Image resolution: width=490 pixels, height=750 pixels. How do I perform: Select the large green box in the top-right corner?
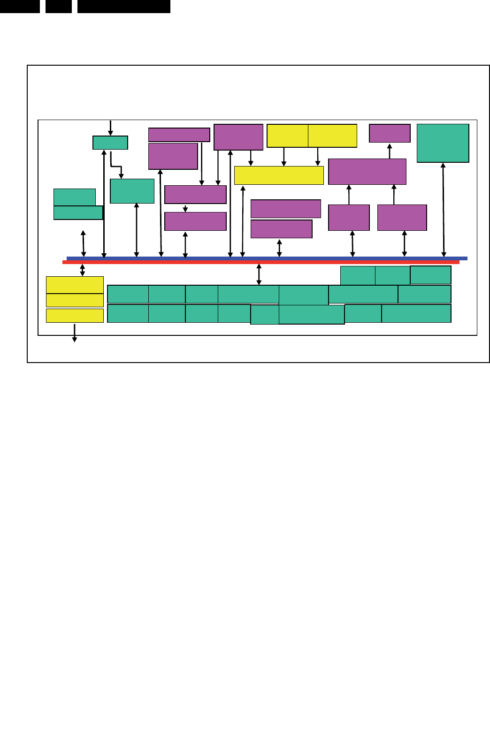[443, 143]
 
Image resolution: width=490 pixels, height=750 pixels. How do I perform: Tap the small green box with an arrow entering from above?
[110, 143]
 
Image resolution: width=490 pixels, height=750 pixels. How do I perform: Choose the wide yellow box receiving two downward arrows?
[279, 175]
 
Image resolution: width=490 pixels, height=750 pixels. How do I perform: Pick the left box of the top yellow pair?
[287, 136]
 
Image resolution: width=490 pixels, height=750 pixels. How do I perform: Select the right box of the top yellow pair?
[332, 136]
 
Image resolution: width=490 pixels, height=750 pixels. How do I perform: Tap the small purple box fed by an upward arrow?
[390, 133]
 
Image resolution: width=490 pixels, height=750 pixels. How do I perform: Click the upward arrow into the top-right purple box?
[390, 151]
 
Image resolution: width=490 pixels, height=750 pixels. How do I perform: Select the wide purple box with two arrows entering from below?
[367, 171]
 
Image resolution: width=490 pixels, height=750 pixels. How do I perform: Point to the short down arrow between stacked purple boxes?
[185, 208]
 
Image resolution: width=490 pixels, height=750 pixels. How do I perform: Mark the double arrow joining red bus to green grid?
[259, 274]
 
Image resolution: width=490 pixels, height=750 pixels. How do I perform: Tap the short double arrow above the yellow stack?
[83, 270]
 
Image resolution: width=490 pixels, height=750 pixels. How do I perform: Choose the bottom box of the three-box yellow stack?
[75, 315]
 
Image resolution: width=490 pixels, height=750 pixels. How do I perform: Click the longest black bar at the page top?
[123, 6]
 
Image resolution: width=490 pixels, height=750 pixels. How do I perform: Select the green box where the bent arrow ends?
[132, 191]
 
